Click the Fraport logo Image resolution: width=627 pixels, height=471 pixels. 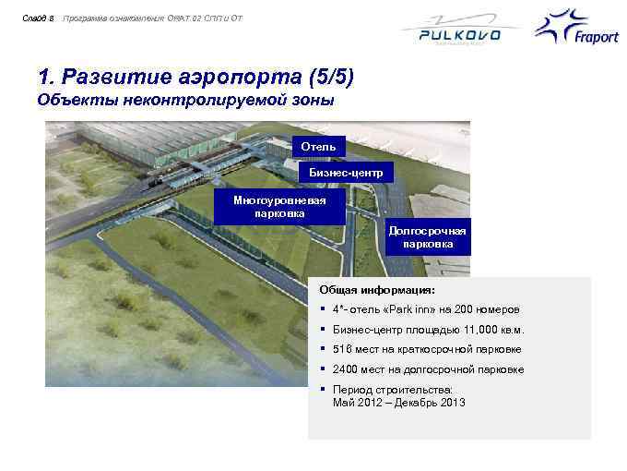click(x=573, y=32)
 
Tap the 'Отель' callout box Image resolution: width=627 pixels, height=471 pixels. click(x=320, y=147)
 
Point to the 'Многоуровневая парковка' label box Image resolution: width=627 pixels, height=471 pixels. click(x=279, y=206)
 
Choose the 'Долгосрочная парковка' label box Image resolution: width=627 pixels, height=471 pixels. click(x=427, y=237)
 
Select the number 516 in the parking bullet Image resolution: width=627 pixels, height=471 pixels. click(x=341, y=350)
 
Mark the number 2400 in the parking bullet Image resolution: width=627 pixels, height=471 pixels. click(x=345, y=369)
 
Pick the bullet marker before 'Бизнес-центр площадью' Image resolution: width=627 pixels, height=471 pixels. click(x=323, y=330)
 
